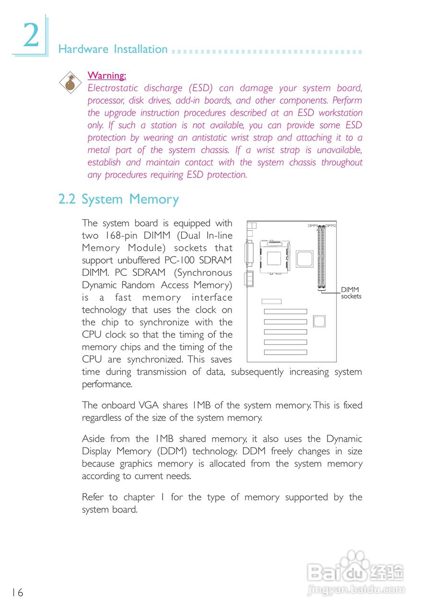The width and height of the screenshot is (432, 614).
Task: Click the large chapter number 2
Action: point(31,35)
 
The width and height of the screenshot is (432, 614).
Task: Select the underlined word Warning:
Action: point(106,75)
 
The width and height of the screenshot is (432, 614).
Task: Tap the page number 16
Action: point(17,592)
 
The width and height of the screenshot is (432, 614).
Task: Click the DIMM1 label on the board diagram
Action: point(313,225)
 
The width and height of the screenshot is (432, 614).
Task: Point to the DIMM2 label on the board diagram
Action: point(330,225)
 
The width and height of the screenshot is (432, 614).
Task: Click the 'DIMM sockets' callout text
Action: point(350,293)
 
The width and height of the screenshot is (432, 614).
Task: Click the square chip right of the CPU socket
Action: point(304,259)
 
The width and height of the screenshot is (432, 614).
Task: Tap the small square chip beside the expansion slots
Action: point(319,321)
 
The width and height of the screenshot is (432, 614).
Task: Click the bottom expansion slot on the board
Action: point(285,352)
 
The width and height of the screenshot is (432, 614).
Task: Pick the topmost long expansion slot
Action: point(285,312)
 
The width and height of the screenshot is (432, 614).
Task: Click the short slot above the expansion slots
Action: point(271,301)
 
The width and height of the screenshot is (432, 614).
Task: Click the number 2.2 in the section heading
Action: point(67,200)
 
